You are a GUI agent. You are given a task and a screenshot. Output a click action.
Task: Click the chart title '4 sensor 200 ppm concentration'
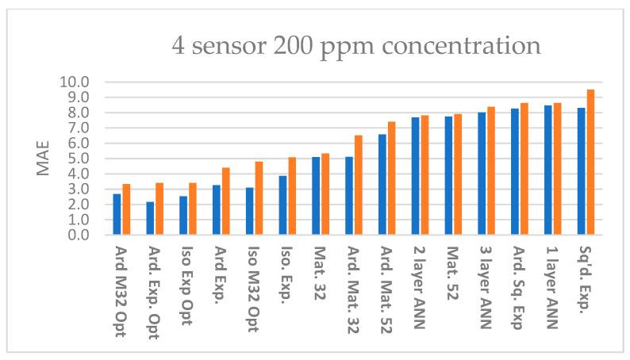[356, 45]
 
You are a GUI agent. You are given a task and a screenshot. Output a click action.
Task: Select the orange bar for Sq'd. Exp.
[590, 163]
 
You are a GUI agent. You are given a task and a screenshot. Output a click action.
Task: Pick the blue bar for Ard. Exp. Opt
[150, 218]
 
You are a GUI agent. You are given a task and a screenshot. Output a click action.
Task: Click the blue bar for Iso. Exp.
[282, 205]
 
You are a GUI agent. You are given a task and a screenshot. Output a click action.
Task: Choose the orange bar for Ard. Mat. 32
[359, 186]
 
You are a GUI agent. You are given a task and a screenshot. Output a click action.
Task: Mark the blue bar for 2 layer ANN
[415, 176]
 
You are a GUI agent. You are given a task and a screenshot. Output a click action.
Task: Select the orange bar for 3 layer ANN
[491, 171]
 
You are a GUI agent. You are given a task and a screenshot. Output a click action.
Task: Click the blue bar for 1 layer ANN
[547, 170]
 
